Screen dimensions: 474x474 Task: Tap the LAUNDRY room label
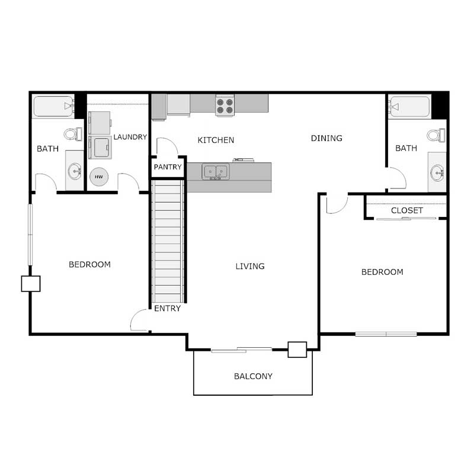130,137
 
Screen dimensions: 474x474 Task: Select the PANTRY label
168,167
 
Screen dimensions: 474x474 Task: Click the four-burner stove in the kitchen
225,105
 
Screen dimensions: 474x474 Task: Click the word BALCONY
253,376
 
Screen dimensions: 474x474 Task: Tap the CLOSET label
407,210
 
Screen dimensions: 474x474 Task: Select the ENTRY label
167,309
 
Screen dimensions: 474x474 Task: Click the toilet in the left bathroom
72,134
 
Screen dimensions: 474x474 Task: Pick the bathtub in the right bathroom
409,107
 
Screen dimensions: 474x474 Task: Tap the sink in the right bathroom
437,174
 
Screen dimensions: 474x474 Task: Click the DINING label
326,138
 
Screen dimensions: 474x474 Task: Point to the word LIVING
250,266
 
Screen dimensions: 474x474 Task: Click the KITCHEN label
216,140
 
